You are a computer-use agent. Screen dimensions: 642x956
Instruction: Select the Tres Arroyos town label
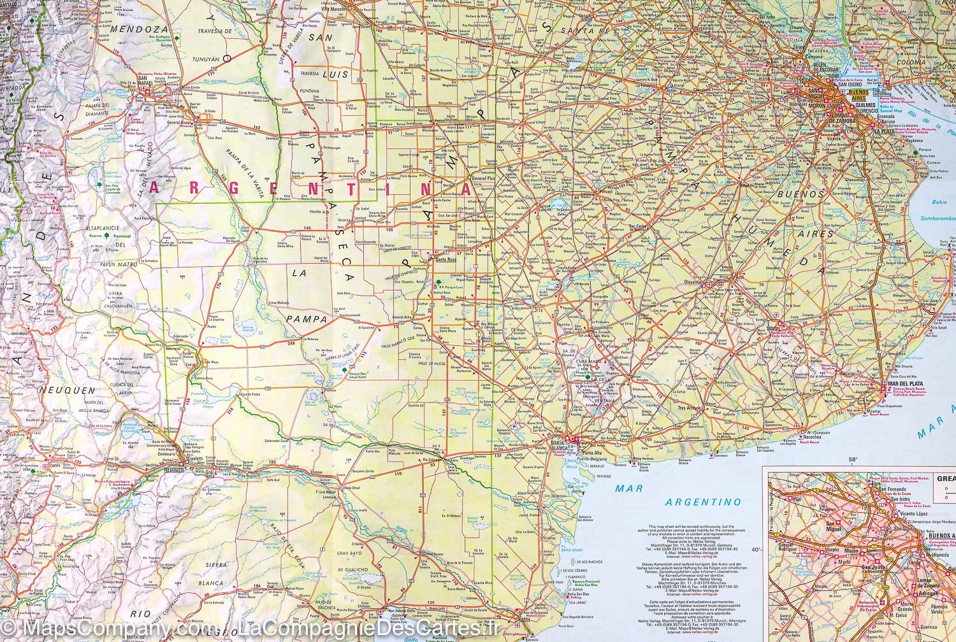pos(690,408)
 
